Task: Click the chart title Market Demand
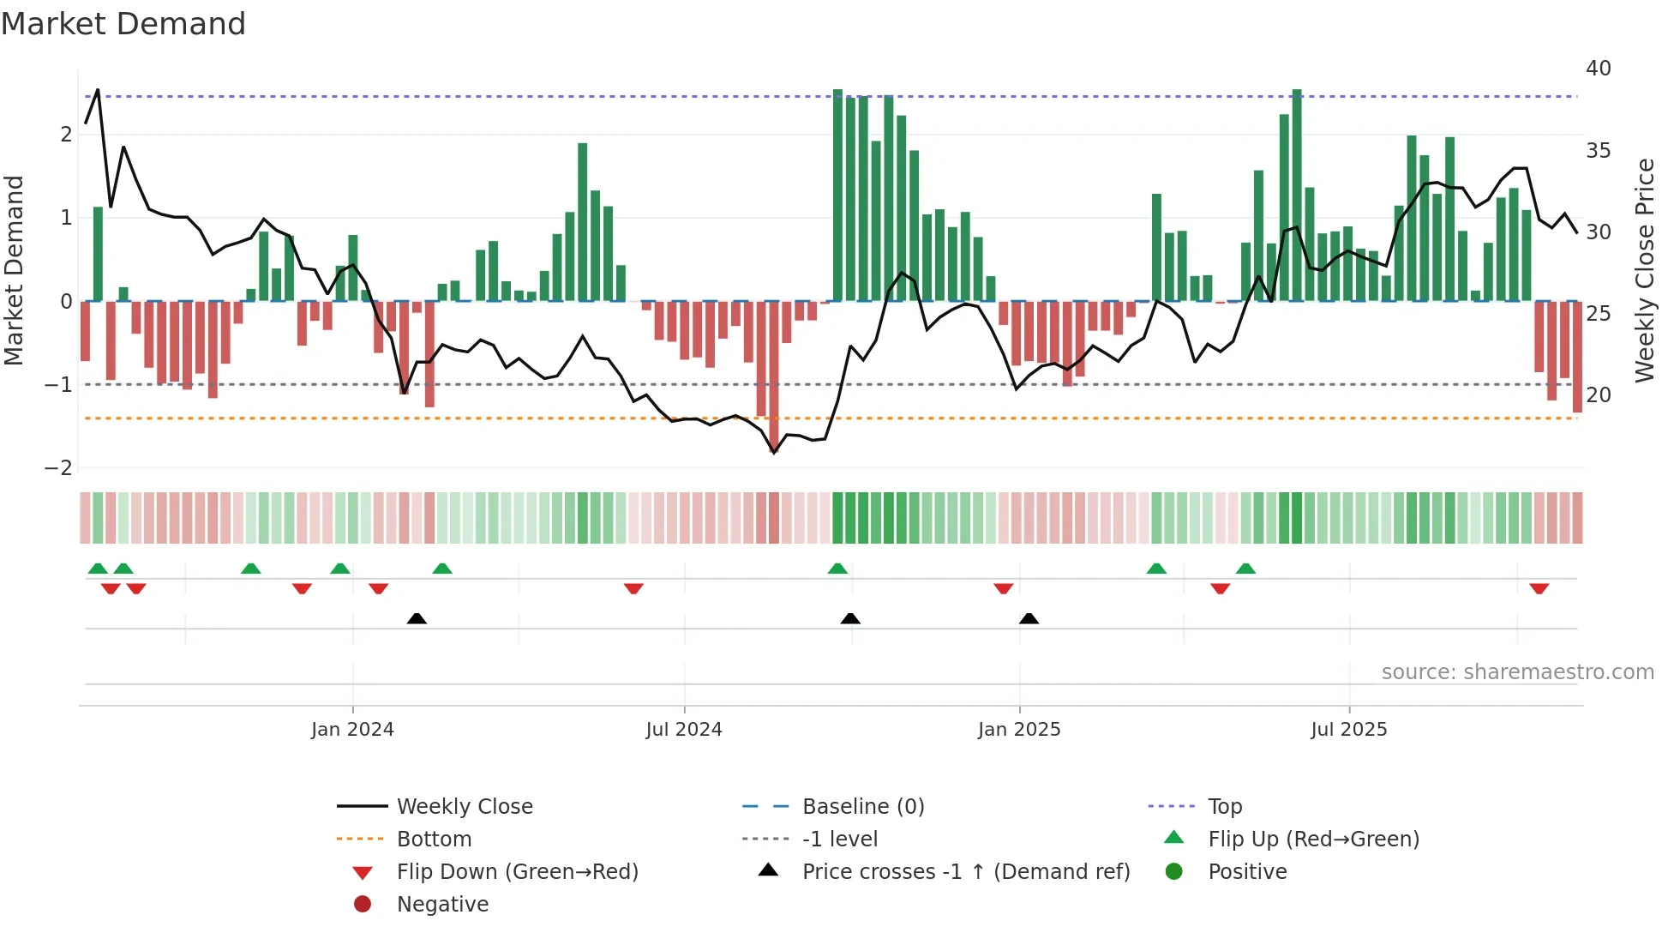pyautogui.click(x=123, y=24)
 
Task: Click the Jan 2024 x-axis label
pyautogui.click(x=352, y=730)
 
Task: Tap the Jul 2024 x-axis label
pyautogui.click(x=684, y=730)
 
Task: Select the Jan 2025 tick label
pyautogui.click(x=1019, y=730)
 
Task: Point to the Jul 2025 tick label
pyautogui.click(x=1349, y=730)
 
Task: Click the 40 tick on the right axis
pyautogui.click(x=1599, y=69)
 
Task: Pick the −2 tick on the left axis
pyautogui.click(x=59, y=468)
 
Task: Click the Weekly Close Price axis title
pyautogui.click(x=1645, y=270)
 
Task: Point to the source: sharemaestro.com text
pyautogui.click(x=1517, y=672)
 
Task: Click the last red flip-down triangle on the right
pyautogui.click(x=1539, y=588)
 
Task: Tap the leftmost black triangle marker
pyautogui.click(x=417, y=618)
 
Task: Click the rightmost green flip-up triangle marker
pyautogui.click(x=1245, y=569)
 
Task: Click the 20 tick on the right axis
pyautogui.click(x=1599, y=395)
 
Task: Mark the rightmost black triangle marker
pyautogui.click(x=1029, y=618)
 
